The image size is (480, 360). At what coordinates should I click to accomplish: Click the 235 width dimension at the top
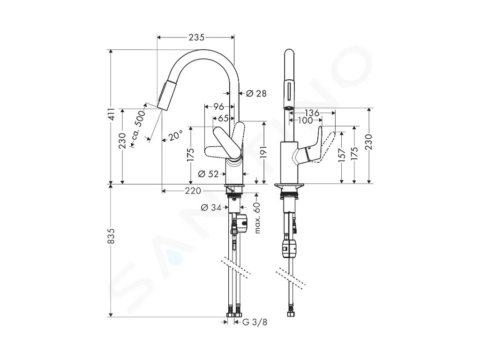click(196, 37)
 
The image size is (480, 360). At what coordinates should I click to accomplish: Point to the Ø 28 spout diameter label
click(256, 93)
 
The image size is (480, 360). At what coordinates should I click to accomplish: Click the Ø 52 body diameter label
click(208, 174)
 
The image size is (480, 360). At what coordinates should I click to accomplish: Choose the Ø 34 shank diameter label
click(211, 208)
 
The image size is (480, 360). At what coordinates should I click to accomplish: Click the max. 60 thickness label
click(257, 217)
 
